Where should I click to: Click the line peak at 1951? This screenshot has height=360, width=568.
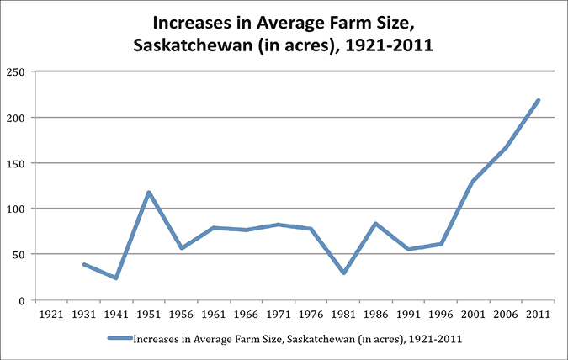coord(149,193)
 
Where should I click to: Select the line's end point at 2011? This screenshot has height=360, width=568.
coord(538,100)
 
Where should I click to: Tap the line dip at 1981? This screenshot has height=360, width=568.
coord(343,273)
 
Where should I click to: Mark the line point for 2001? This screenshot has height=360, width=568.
coord(473,182)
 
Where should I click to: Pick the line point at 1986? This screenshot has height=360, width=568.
coord(375,224)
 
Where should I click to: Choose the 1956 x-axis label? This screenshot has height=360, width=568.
coord(181,314)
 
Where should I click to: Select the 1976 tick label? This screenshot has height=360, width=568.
coord(311,314)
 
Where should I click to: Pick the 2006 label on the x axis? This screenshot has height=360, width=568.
coord(505,314)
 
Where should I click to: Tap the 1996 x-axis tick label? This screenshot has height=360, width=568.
coord(440,314)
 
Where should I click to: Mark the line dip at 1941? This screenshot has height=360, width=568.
coord(117,278)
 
